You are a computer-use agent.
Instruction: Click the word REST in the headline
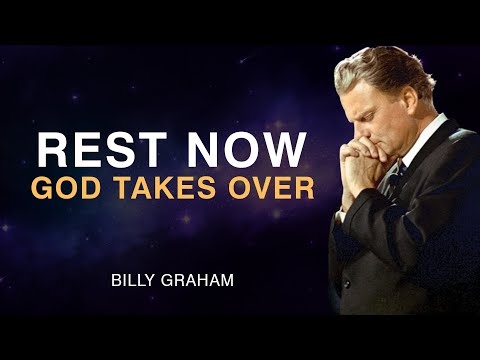97,150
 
